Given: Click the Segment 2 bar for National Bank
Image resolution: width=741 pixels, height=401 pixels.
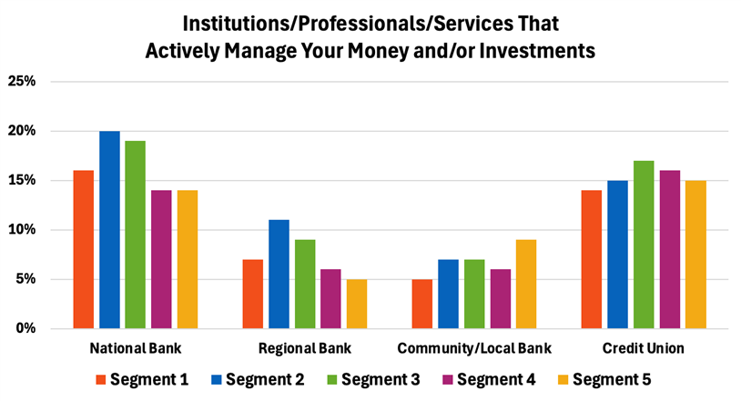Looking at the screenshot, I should (x=109, y=229).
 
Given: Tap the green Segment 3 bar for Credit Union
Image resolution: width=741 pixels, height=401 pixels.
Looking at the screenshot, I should (x=644, y=244).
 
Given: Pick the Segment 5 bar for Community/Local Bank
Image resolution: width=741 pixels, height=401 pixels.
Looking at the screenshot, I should (x=526, y=284).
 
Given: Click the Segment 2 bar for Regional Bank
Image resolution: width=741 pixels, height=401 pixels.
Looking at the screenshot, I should (x=279, y=274).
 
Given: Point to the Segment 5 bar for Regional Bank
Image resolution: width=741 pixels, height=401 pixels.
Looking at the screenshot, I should (x=357, y=304).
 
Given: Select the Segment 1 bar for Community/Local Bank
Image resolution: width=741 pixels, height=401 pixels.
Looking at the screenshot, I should (x=421, y=304).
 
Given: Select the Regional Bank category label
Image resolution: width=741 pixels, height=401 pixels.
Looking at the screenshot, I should (x=305, y=349).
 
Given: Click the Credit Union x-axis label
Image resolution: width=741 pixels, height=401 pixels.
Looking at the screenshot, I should (x=643, y=349).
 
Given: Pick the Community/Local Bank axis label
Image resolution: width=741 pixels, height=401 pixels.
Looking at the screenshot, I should (x=473, y=349).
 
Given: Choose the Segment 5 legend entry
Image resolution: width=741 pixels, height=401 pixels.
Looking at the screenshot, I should (x=611, y=379).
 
